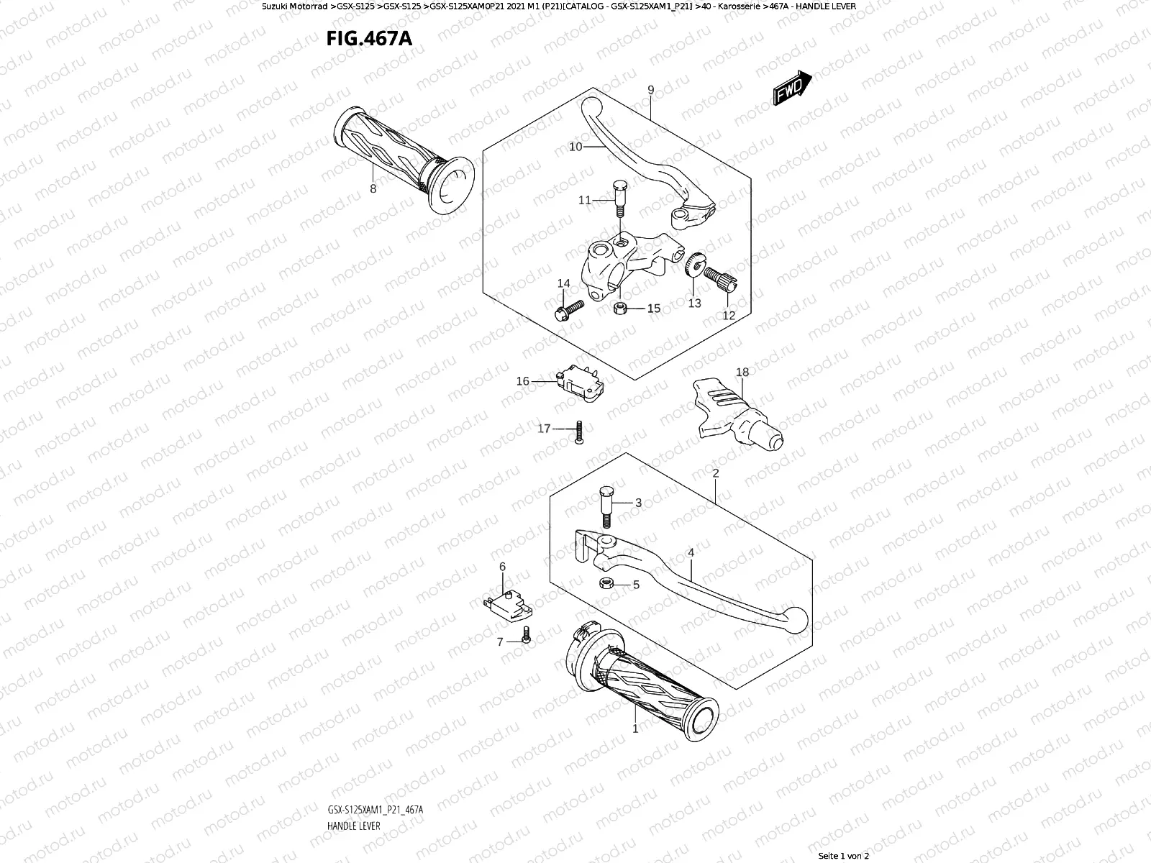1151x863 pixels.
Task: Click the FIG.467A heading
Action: click(x=369, y=38)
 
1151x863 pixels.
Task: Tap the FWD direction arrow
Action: click(x=792, y=88)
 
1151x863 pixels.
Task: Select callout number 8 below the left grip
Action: click(x=373, y=189)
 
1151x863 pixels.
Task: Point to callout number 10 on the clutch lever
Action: click(x=575, y=147)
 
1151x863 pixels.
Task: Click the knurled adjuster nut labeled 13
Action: click(x=696, y=265)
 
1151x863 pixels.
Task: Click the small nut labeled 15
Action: click(x=620, y=309)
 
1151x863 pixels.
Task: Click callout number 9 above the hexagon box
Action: click(x=650, y=90)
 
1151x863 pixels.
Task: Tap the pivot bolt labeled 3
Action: click(x=606, y=504)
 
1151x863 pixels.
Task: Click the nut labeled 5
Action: click(x=606, y=583)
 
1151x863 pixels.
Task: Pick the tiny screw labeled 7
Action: click(x=526, y=635)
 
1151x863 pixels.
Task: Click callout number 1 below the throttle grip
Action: click(x=635, y=729)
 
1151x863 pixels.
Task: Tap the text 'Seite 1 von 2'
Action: click(x=844, y=856)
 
